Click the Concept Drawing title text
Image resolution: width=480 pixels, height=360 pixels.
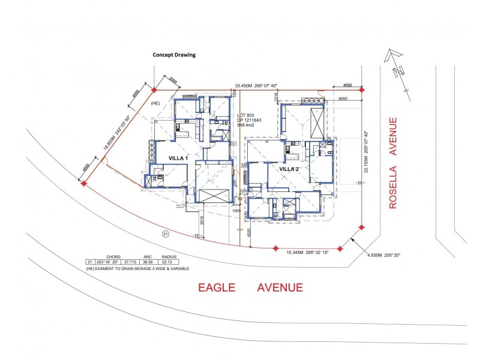[174, 55]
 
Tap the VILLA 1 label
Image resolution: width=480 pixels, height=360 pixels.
[161, 158]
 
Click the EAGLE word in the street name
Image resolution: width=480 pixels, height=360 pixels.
[220, 288]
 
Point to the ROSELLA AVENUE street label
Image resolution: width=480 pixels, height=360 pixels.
[394, 163]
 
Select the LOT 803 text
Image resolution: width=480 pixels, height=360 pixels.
[247, 115]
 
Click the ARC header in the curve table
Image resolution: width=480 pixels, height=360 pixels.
[147, 257]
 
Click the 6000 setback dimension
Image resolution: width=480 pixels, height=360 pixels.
[343, 98]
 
